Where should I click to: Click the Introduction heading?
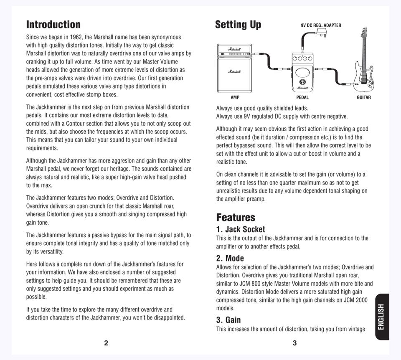click(x=53, y=25)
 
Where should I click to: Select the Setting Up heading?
click(x=238, y=25)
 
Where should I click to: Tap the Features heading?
click(x=235, y=217)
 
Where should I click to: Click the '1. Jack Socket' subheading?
click(x=240, y=229)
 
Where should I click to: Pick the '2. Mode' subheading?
click(x=230, y=258)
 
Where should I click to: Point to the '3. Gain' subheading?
click(x=228, y=320)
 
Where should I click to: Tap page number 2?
click(x=106, y=343)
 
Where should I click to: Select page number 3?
click(x=294, y=343)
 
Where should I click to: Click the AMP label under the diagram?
click(x=235, y=98)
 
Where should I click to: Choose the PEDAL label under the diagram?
click(x=302, y=98)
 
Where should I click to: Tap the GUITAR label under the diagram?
click(x=363, y=98)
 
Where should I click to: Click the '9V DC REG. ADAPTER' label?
click(x=321, y=25)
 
